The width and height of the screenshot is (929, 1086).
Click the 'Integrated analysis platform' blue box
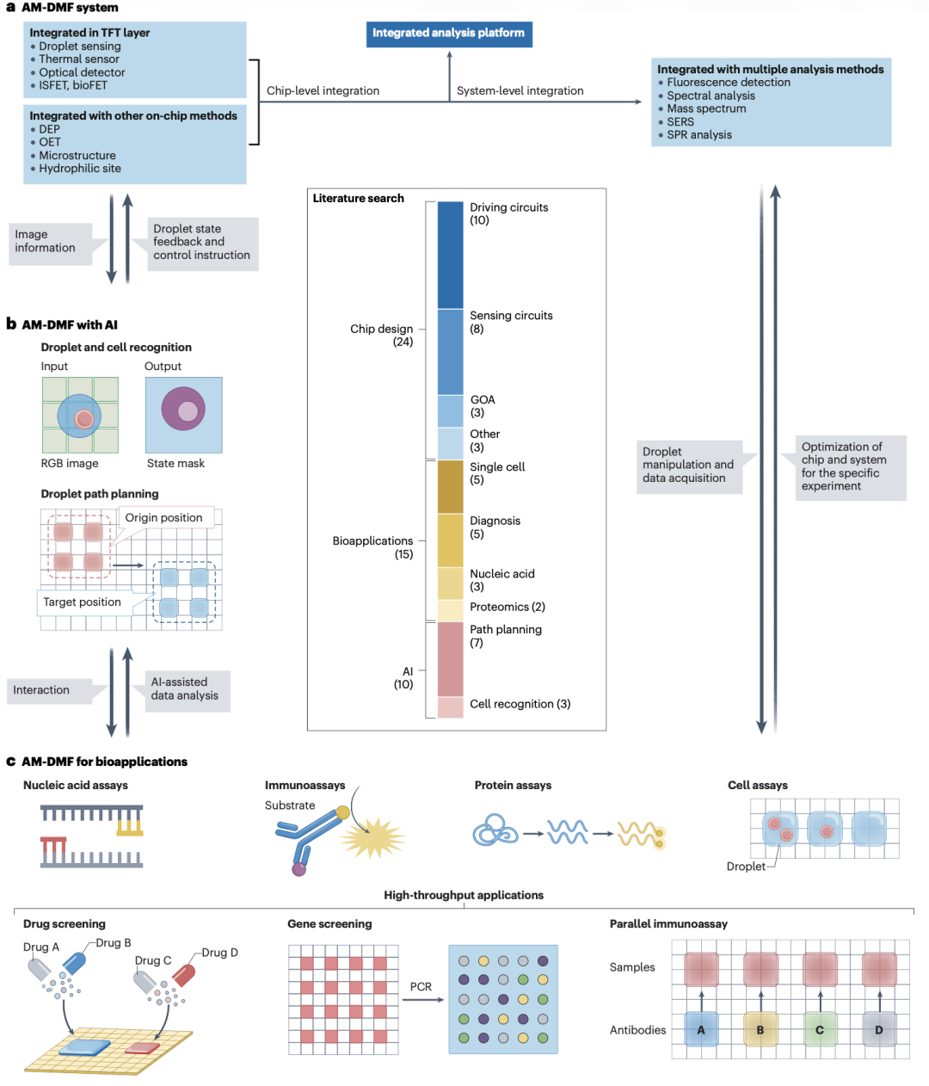coord(449,34)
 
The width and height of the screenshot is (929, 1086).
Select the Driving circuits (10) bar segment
coord(450,255)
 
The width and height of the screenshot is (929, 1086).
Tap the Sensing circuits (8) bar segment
coord(450,352)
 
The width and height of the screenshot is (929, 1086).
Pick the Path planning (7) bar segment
coord(450,659)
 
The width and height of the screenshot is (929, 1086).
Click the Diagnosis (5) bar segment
coord(450,540)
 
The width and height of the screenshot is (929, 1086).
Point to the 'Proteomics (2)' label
coord(508,607)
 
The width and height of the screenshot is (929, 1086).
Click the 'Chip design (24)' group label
coord(382,336)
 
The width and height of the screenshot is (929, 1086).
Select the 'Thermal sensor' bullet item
coord(79,59)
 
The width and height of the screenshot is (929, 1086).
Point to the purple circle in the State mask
coord(183,409)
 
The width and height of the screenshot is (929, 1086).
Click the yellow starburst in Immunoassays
coord(372,837)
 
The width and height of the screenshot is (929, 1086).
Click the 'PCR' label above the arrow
coord(421,987)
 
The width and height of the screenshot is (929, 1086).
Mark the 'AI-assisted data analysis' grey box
coord(188,691)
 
